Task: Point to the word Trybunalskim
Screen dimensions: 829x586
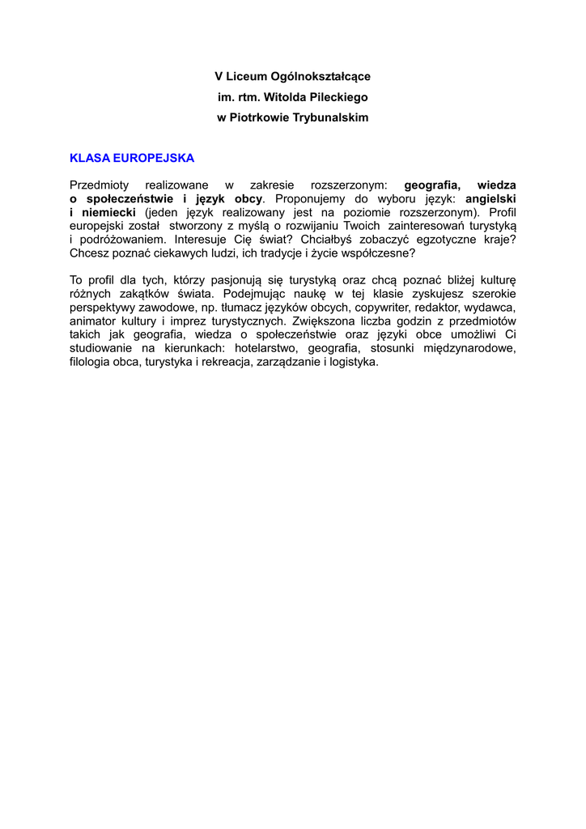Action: click(332, 118)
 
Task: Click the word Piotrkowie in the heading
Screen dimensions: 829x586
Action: click(261, 118)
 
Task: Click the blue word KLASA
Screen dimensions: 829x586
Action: click(85, 157)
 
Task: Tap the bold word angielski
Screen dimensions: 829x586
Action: click(490, 198)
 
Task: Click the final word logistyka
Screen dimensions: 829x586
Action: click(352, 362)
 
